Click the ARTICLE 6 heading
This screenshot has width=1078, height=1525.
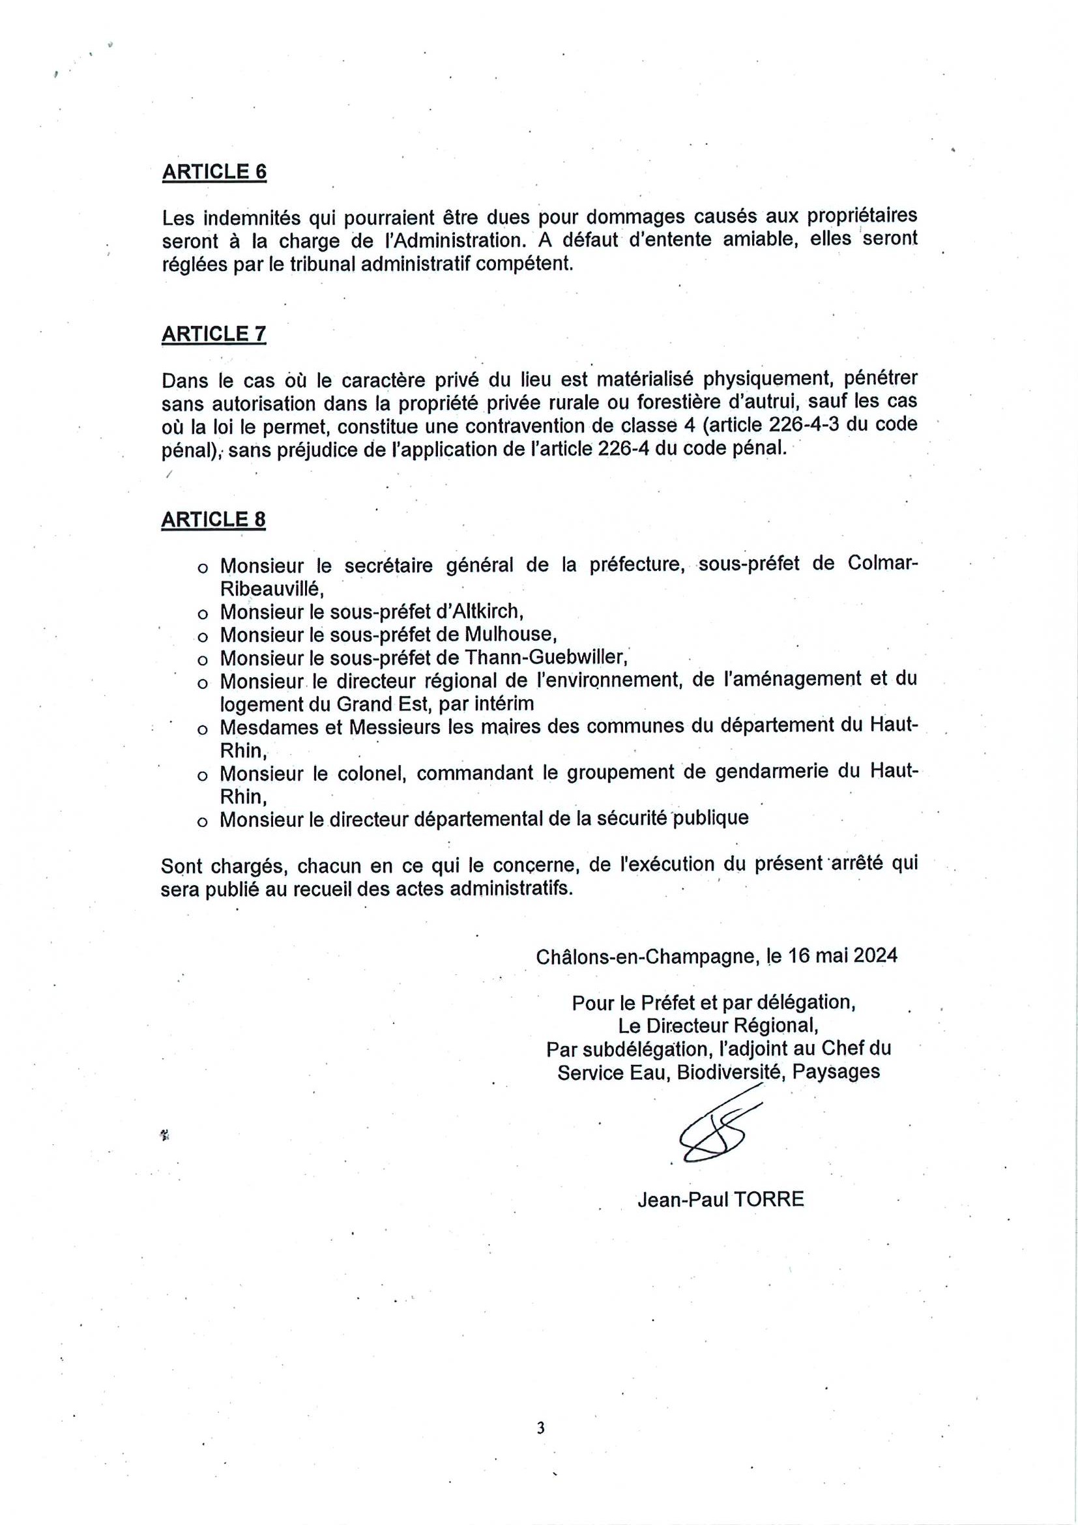pyautogui.click(x=214, y=171)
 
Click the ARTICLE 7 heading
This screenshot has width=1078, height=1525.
pyautogui.click(x=214, y=334)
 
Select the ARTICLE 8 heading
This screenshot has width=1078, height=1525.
pyautogui.click(x=213, y=519)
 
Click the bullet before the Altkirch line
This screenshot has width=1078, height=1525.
pyautogui.click(x=202, y=613)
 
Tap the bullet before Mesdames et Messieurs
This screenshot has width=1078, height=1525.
pyautogui.click(x=202, y=729)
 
